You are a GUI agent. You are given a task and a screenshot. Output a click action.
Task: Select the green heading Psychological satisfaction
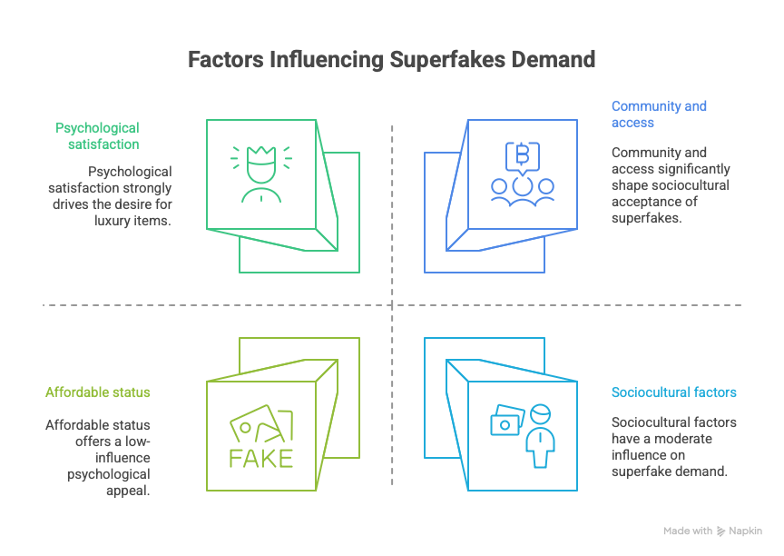click(x=97, y=136)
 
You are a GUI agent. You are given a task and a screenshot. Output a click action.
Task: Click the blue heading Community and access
click(x=659, y=114)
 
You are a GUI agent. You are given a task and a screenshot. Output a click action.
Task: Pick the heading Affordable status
click(x=97, y=392)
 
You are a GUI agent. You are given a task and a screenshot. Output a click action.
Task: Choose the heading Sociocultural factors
click(x=674, y=392)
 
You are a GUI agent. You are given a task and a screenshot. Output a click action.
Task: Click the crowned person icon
click(x=261, y=174)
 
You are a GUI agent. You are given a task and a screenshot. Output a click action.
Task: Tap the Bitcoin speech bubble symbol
click(x=523, y=158)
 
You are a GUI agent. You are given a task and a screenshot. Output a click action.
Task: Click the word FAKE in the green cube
click(x=261, y=459)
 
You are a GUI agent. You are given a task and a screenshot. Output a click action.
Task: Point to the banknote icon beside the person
click(x=507, y=421)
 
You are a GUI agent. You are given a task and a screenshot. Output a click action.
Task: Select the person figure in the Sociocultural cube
click(x=540, y=436)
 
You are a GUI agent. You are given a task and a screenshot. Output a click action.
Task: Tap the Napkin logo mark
click(x=720, y=531)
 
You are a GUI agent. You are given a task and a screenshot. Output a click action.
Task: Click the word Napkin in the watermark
click(x=745, y=531)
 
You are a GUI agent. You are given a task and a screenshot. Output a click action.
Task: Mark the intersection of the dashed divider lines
click(x=392, y=304)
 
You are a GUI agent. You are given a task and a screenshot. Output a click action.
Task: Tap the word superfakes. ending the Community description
click(x=646, y=218)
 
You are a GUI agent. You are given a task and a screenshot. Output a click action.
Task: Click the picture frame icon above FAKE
click(x=261, y=424)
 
